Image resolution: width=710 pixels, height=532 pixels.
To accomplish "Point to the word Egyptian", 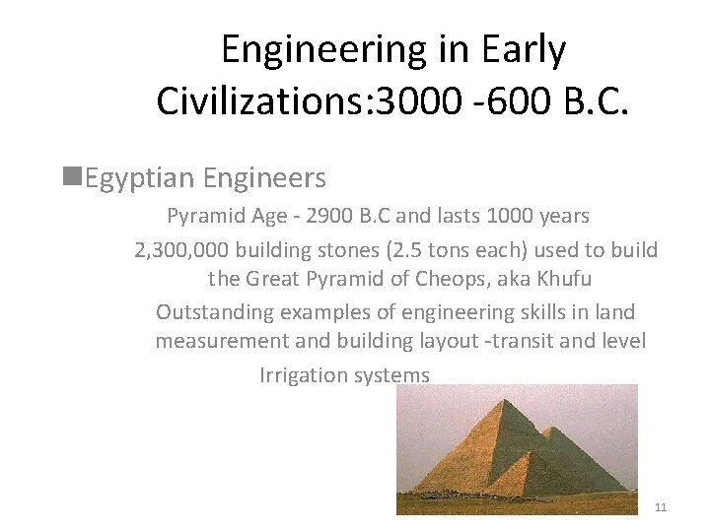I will pyautogui.click(x=139, y=178).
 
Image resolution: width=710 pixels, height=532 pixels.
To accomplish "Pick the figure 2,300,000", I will pyautogui.click(x=182, y=250).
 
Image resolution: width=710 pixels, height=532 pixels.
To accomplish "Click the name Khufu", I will pyautogui.click(x=564, y=280).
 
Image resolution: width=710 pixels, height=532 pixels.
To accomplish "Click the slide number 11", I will pyautogui.click(x=661, y=507).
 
